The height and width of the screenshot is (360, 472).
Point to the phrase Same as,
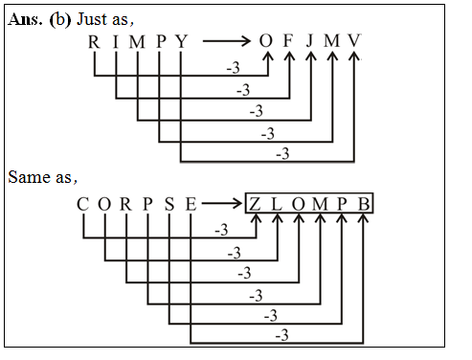pyautogui.click(x=42, y=177)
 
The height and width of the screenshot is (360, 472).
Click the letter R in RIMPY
pyautogui.click(x=93, y=42)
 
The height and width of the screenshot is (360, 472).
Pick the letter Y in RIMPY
pyautogui.click(x=181, y=42)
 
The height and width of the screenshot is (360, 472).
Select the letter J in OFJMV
pyautogui.click(x=310, y=42)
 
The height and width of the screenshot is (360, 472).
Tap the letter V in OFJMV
pyautogui.click(x=355, y=42)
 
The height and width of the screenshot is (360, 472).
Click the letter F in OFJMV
pyautogui.click(x=287, y=42)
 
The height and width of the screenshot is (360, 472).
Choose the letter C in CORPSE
pyautogui.click(x=82, y=204)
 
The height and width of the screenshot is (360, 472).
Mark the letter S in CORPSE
pyautogui.click(x=169, y=204)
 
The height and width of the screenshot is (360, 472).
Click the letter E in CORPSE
pyautogui.click(x=191, y=204)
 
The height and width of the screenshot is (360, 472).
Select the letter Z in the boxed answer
pyautogui.click(x=256, y=204)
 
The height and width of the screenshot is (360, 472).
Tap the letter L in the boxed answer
pyautogui.click(x=278, y=204)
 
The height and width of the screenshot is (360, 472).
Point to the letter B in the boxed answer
pyautogui.click(x=364, y=204)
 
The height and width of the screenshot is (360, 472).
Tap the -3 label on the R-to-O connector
pyautogui.click(x=231, y=69)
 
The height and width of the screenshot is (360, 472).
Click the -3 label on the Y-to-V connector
pyautogui.click(x=282, y=153)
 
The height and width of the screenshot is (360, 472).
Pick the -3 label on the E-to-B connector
pyautogui.click(x=282, y=337)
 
